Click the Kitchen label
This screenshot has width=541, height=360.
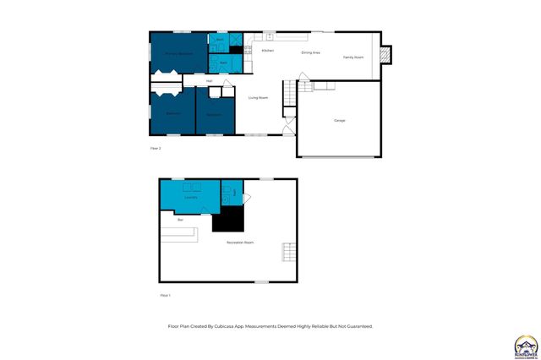coord(267,52)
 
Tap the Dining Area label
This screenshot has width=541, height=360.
coord(310,53)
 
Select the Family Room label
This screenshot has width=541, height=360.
coord(352,57)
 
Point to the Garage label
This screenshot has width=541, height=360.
coord(339,120)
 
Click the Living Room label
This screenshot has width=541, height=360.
coord(258,98)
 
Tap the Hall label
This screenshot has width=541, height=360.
coord(209,81)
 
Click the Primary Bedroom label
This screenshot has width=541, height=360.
coord(178,53)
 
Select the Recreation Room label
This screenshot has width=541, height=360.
coord(240,243)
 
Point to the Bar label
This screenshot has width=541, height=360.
coord(180,220)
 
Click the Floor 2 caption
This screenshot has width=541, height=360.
coord(155,148)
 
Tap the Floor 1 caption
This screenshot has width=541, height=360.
coord(165,295)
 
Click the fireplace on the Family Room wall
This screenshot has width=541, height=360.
coord(386,55)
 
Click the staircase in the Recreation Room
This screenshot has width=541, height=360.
coord(289,251)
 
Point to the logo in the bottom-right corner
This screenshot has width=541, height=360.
coord(525,345)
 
